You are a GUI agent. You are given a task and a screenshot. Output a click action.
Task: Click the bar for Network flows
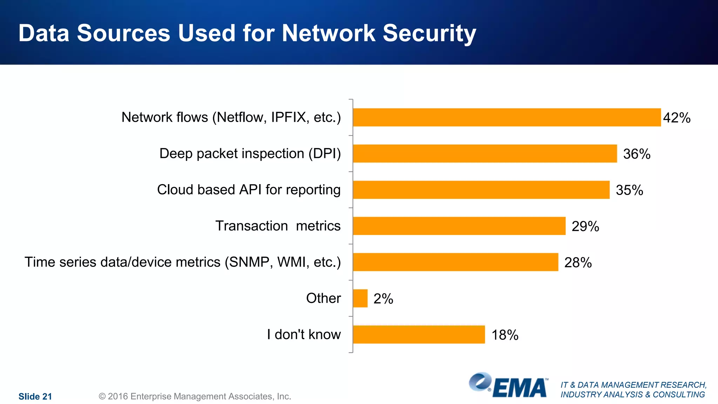(x=507, y=117)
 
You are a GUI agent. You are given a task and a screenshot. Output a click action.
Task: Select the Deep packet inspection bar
(x=485, y=153)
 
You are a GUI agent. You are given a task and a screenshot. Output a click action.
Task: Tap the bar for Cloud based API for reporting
(x=481, y=190)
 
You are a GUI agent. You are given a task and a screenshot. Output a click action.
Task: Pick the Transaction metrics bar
(x=459, y=226)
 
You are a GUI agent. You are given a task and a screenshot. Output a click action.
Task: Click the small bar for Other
(x=360, y=298)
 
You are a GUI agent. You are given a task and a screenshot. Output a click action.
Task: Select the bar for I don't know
(x=419, y=334)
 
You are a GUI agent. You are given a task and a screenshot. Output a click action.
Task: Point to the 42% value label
(x=676, y=118)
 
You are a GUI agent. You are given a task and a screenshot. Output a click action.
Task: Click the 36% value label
(x=636, y=154)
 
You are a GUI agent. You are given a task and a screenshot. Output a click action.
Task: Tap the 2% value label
(x=383, y=299)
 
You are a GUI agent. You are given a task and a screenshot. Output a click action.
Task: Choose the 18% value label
(x=504, y=335)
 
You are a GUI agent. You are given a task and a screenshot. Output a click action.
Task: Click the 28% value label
(x=578, y=263)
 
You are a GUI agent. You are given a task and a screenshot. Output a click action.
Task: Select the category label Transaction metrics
(x=278, y=226)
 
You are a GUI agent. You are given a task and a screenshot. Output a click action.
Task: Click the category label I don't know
(x=304, y=334)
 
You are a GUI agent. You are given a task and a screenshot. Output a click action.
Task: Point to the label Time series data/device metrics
(x=182, y=262)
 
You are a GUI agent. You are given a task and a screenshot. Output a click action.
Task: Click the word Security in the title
(x=429, y=33)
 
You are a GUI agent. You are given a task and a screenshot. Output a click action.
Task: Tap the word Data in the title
(x=44, y=33)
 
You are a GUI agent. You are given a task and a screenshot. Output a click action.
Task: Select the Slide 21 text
(x=35, y=396)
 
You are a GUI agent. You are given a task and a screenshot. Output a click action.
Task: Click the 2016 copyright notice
(x=195, y=396)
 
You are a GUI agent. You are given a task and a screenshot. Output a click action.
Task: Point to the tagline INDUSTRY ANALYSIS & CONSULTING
(x=632, y=395)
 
